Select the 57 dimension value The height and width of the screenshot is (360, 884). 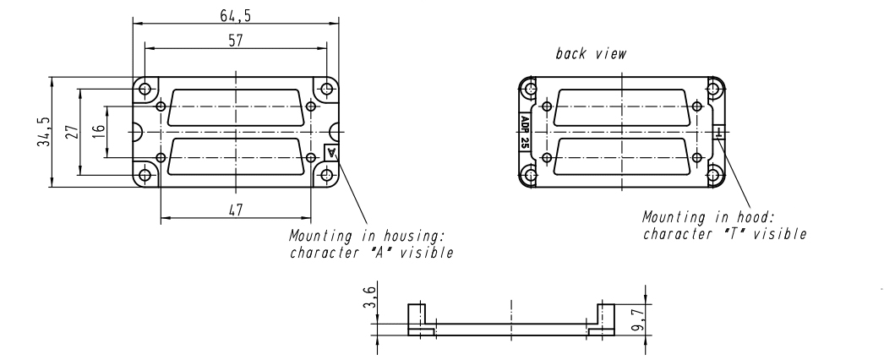237,41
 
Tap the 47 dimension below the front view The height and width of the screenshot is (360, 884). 236,211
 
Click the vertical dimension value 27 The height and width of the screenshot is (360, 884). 72,132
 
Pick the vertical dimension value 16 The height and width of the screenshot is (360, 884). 98,132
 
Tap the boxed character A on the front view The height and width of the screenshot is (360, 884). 332,152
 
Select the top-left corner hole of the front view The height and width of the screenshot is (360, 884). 145,89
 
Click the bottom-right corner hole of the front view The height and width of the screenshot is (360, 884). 326,176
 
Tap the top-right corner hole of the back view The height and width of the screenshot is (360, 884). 713,89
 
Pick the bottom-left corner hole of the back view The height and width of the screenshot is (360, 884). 530,176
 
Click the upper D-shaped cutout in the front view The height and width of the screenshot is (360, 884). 236,107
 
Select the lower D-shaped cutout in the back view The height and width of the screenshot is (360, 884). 621,158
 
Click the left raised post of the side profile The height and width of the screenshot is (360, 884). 414,317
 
